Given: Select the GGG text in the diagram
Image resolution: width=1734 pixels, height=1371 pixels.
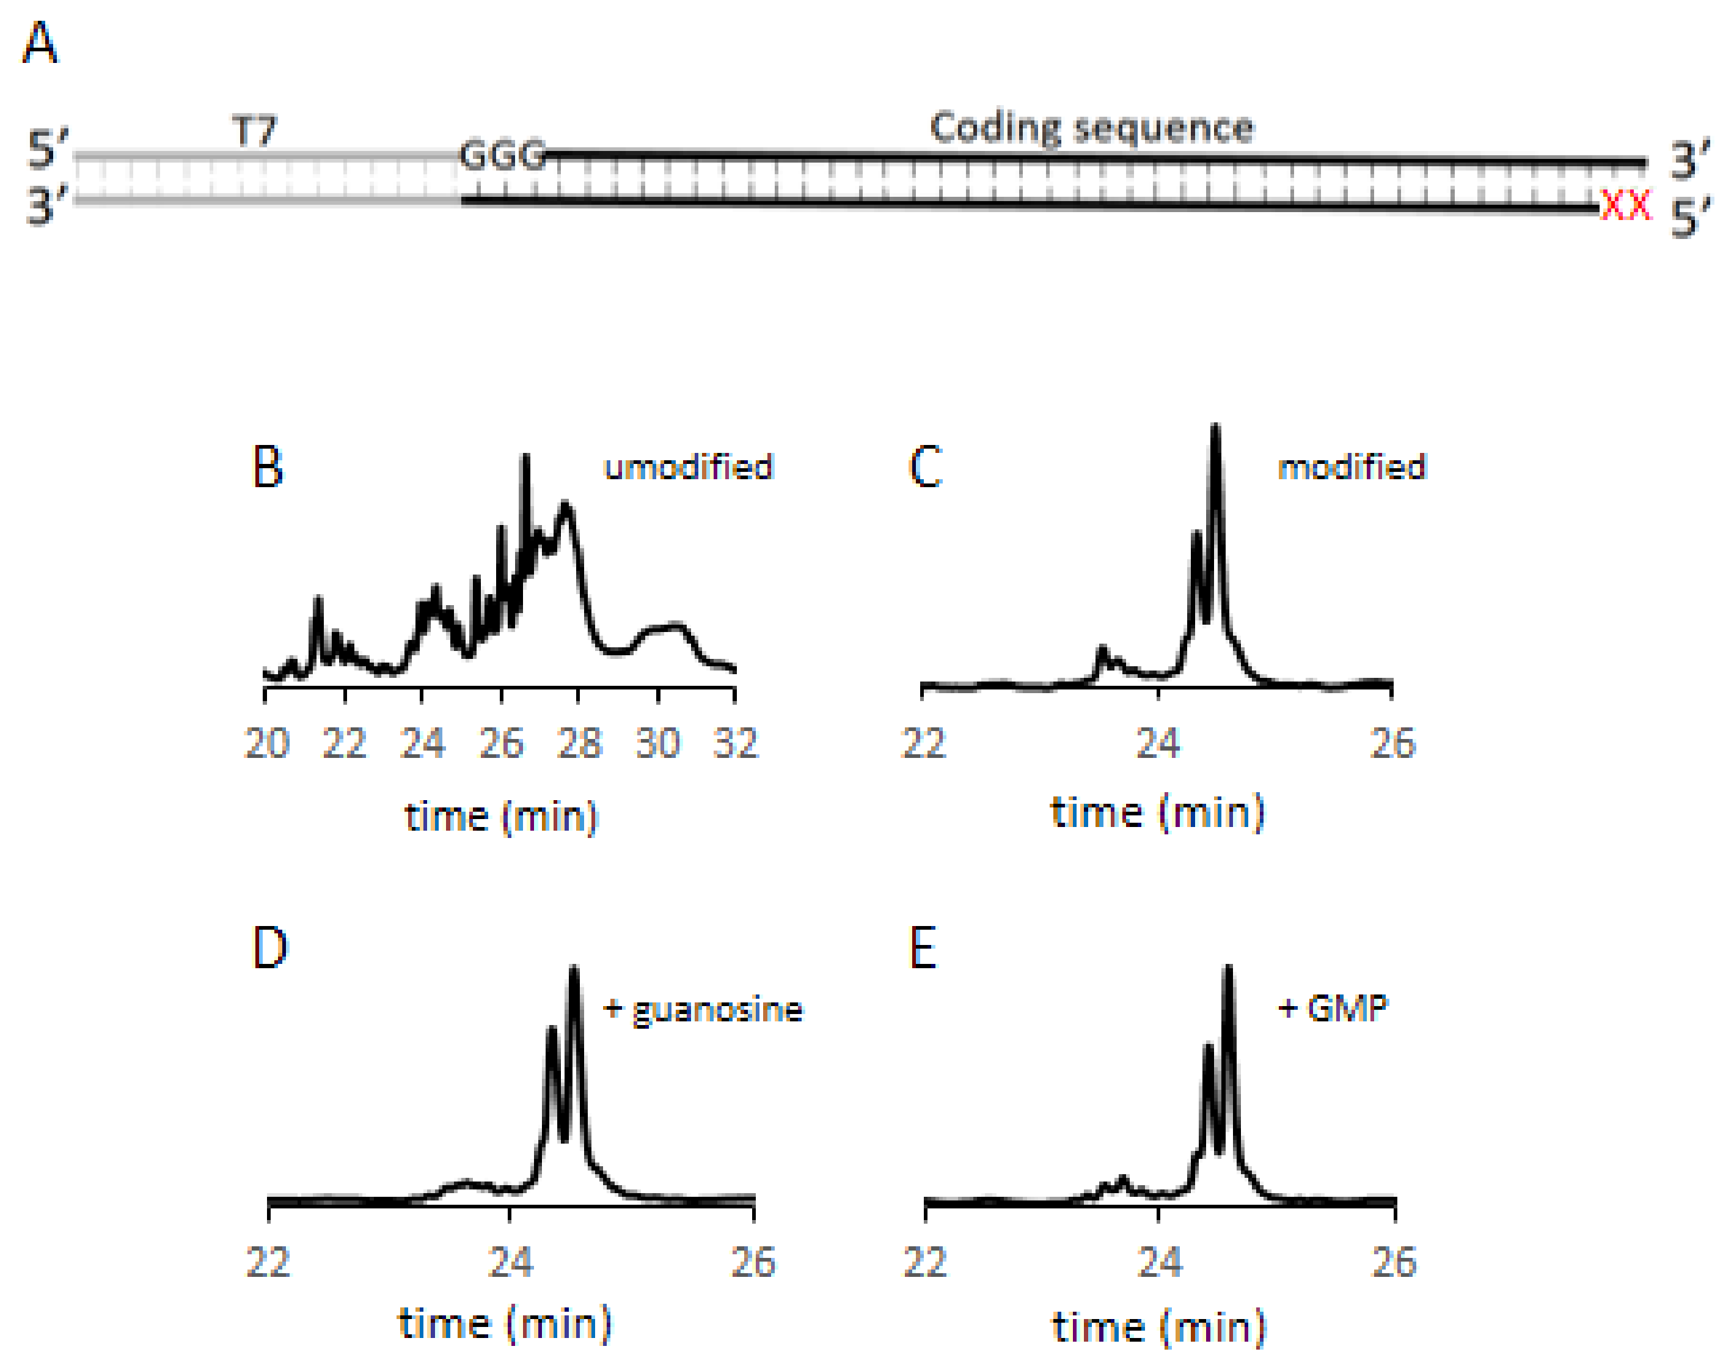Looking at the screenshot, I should coord(502,155).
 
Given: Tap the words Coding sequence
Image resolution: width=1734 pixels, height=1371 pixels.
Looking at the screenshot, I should coord(1091,128).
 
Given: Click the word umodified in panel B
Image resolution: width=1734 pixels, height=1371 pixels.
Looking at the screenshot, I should coord(687,467).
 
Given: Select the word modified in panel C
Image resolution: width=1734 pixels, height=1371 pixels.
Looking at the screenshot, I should coord(1352,467).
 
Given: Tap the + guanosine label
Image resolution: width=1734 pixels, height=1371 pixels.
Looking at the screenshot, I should coord(703,1009).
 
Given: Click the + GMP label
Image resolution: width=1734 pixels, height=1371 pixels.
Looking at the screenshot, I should coord(1332,1008).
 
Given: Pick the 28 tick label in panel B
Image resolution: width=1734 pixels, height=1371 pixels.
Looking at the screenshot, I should coord(579,743).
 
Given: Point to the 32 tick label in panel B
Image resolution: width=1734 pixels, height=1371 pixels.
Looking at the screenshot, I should coord(735,743).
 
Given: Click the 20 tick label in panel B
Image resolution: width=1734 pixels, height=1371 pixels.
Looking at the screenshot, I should coord(266,743).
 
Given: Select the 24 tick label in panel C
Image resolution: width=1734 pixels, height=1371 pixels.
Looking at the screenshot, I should coord(1157,743).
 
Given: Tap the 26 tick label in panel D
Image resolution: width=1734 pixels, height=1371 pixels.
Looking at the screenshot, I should coord(753,1263).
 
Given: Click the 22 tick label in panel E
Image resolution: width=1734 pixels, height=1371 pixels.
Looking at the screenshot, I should coord(924,1263).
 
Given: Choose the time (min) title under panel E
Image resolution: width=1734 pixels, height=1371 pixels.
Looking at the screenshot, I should coord(1158,1327).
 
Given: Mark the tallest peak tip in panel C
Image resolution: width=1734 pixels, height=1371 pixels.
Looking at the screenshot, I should coord(1215,427).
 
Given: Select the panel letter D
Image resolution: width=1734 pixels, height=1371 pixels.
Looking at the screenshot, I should coord(269,948).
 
